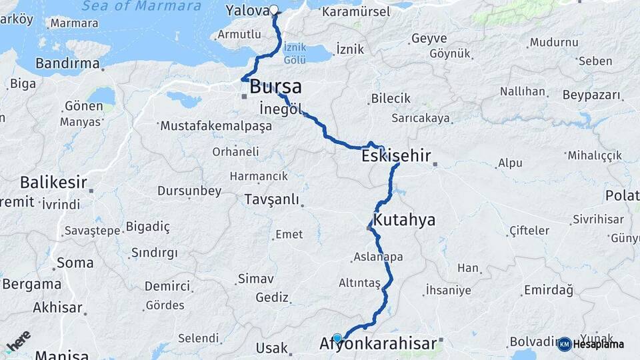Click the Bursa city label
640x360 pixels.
275,87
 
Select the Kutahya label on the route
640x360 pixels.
404,220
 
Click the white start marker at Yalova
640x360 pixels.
274,10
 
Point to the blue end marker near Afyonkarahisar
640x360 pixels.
337,338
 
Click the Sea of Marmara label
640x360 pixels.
141,7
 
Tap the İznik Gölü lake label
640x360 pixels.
295,53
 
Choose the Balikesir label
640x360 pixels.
53,182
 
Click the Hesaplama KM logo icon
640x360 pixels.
564,344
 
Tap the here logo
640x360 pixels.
18,341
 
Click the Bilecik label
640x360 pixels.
391,99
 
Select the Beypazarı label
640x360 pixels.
591,95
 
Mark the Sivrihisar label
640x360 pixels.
599,219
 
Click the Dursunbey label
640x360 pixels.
189,191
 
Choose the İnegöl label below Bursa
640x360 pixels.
281,109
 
